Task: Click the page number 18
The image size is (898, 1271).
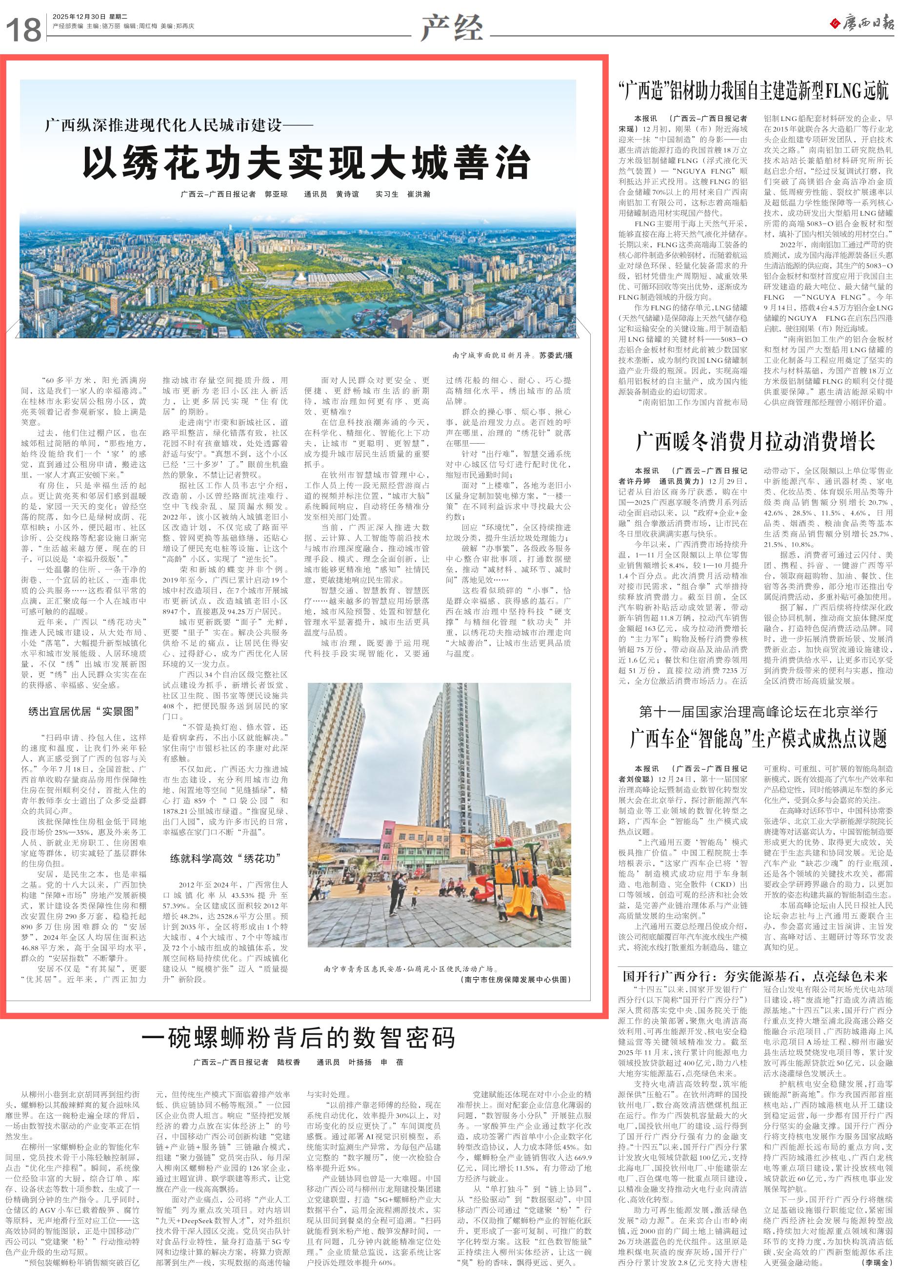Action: [24, 30]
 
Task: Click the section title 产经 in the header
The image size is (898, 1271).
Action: [452, 28]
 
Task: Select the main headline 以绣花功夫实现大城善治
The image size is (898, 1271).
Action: [306, 163]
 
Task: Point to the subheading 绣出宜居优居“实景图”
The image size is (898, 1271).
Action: [83, 711]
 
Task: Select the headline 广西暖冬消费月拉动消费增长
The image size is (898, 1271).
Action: [755, 442]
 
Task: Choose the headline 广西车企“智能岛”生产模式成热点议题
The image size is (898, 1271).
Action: [758, 738]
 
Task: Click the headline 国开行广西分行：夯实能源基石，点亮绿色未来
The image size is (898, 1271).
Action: [755, 976]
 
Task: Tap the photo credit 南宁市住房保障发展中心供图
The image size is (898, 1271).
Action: [515, 979]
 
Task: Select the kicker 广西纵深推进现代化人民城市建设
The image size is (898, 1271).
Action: [178, 125]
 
